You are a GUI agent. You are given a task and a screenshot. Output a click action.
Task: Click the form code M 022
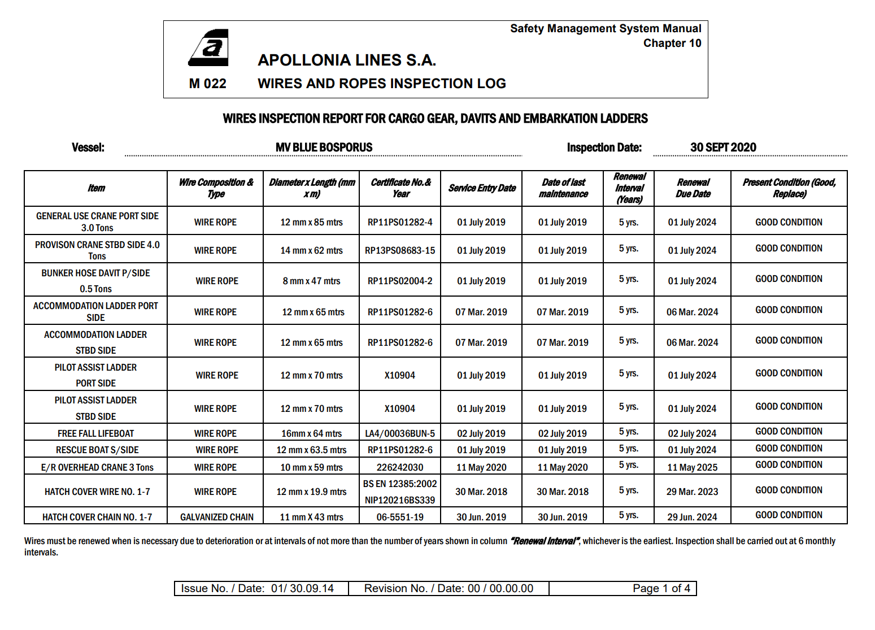207,84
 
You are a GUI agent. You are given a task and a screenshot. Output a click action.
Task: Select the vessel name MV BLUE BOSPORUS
324,147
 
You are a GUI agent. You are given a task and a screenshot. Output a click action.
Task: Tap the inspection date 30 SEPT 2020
722,147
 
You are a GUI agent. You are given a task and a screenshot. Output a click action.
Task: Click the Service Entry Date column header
482,188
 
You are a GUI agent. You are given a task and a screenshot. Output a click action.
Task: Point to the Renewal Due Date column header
693,188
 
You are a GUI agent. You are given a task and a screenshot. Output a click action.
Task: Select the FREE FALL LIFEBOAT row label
95,433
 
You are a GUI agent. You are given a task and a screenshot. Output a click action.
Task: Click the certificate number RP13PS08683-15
400,250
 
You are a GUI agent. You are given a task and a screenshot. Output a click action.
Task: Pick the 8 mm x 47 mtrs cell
311,281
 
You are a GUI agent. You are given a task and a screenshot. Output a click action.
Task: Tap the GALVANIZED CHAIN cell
216,517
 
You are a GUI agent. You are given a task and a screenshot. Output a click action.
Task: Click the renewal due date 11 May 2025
692,467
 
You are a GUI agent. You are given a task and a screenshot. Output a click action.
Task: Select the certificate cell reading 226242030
400,467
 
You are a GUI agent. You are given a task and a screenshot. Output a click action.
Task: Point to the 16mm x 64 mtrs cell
311,433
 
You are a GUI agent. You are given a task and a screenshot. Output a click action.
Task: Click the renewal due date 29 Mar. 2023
692,492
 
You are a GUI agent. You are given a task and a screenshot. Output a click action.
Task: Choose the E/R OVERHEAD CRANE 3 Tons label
97,467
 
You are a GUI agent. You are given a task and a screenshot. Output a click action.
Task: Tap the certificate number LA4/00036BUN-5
400,433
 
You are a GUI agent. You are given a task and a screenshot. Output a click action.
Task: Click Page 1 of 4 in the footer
661,588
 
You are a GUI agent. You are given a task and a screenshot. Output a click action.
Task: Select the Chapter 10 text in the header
672,44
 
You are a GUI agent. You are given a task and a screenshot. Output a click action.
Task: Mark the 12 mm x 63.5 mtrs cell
311,450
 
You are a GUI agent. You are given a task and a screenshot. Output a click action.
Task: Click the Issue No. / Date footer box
258,588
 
